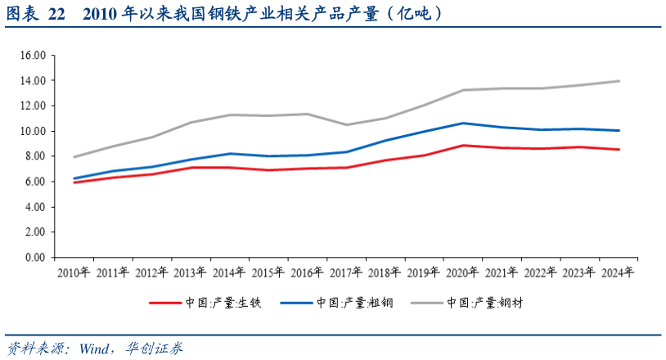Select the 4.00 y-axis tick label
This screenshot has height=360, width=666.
tap(34, 207)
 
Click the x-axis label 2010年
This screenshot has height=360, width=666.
tap(74, 273)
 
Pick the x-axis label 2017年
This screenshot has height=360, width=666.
tap(346, 273)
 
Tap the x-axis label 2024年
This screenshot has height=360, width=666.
tap(617, 273)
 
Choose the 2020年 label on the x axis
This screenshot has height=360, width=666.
tap(462, 273)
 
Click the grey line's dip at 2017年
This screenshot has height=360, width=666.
tap(346, 124)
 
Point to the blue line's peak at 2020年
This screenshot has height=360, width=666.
tap(462, 123)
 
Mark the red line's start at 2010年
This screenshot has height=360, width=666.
tap(74, 182)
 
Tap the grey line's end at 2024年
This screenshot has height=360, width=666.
tap(619, 81)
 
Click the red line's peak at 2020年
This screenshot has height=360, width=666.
tap(462, 146)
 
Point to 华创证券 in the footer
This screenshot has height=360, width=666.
tap(155, 348)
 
